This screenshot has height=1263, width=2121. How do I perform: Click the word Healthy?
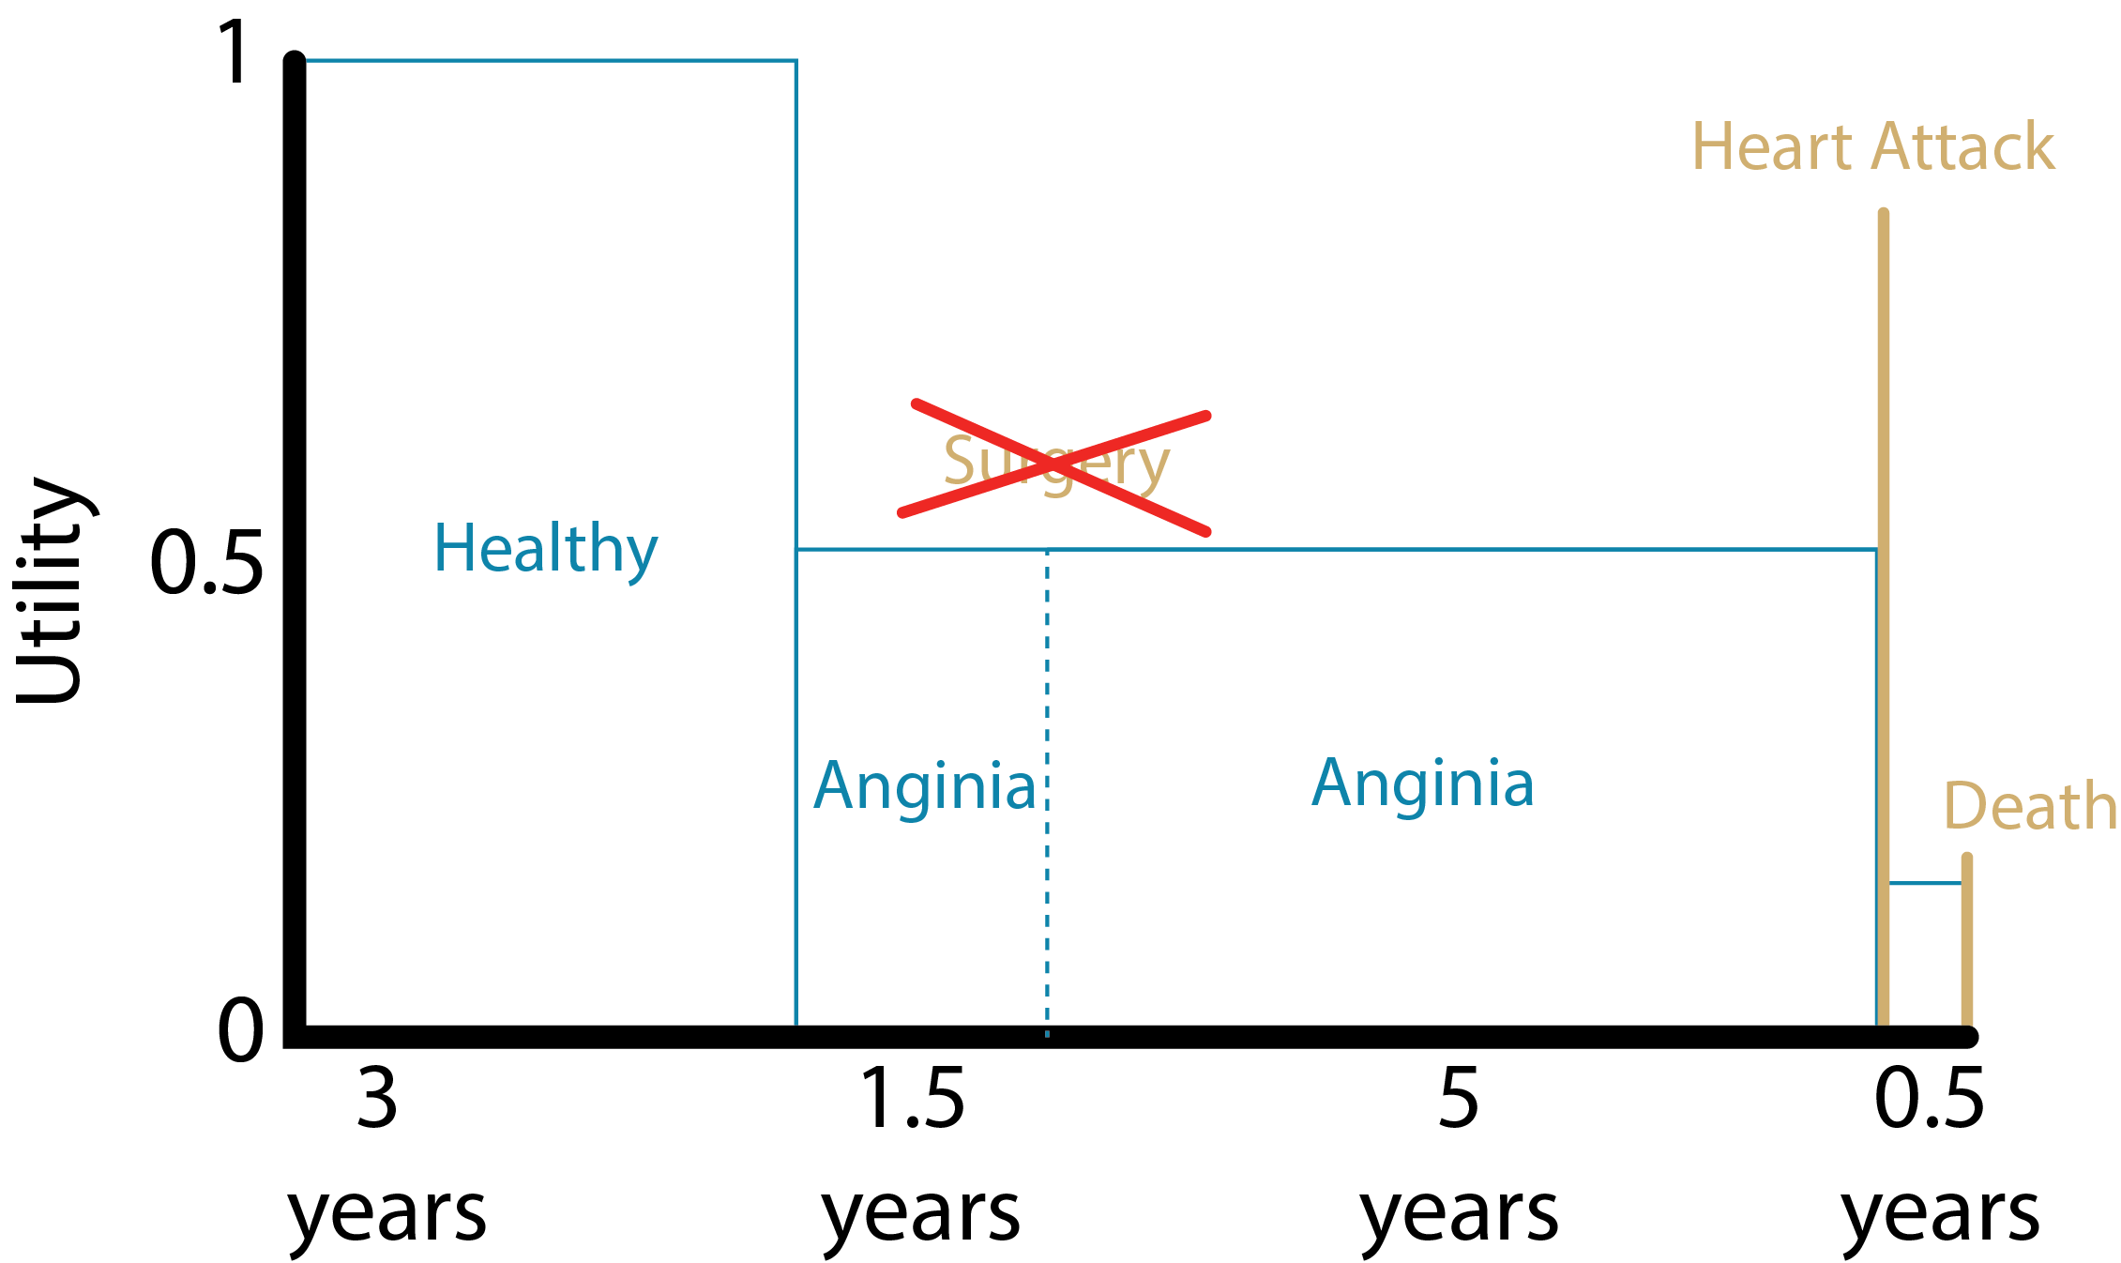click(545, 549)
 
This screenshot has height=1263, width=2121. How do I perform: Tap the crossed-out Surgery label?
click(1055, 464)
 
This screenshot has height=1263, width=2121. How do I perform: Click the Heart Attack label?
click(1872, 147)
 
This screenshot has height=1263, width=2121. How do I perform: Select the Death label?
click(2029, 806)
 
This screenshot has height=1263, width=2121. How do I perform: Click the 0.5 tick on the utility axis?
click(206, 562)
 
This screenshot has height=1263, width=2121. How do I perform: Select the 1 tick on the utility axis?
click(233, 53)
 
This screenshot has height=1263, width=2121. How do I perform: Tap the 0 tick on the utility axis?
click(240, 1030)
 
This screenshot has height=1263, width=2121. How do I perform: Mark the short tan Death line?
click(1966, 938)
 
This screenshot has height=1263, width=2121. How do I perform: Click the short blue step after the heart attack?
click(1924, 883)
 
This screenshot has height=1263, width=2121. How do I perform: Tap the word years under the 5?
click(1459, 1215)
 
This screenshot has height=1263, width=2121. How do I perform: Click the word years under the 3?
click(386, 1215)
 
